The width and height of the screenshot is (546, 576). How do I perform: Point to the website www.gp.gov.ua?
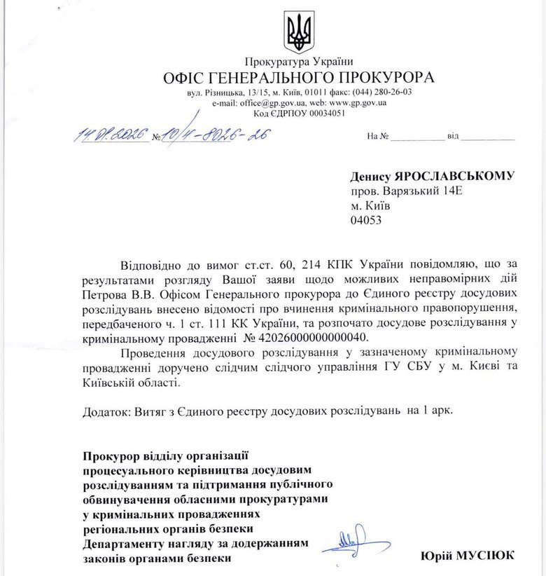[358, 102]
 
